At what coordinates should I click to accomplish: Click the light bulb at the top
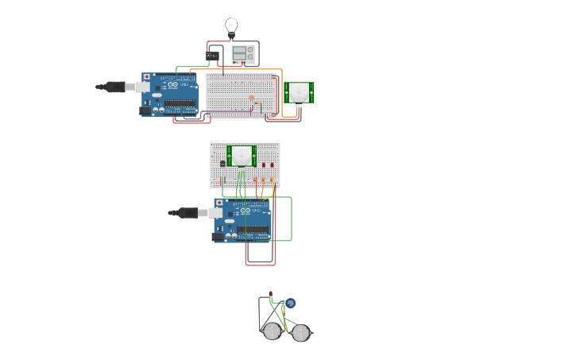231,26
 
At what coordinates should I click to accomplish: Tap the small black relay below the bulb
212,56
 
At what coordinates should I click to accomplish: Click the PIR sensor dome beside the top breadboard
299,91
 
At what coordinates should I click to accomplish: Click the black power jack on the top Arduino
146,110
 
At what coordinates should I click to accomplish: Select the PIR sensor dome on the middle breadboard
241,156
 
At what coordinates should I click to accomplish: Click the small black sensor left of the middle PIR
222,164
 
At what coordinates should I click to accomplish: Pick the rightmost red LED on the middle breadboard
272,165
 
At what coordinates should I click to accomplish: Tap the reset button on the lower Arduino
218,203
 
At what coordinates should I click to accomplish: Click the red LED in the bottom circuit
270,294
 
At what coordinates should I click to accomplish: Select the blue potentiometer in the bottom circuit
290,303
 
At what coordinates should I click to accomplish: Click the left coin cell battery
273,331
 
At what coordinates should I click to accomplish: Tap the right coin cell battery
300,333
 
